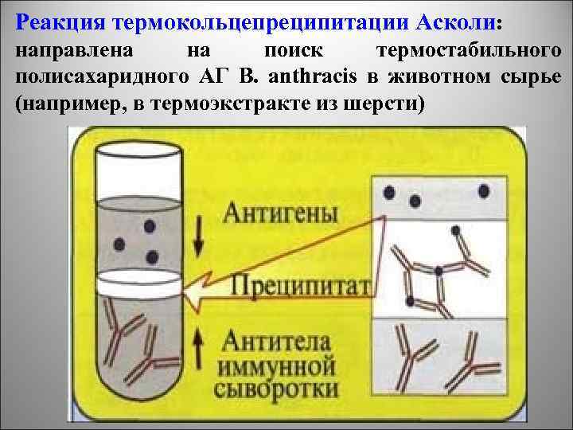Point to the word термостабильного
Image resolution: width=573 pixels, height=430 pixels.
[473, 51]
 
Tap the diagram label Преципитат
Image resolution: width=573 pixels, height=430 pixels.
[302, 284]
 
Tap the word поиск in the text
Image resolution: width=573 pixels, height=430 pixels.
[293, 51]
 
